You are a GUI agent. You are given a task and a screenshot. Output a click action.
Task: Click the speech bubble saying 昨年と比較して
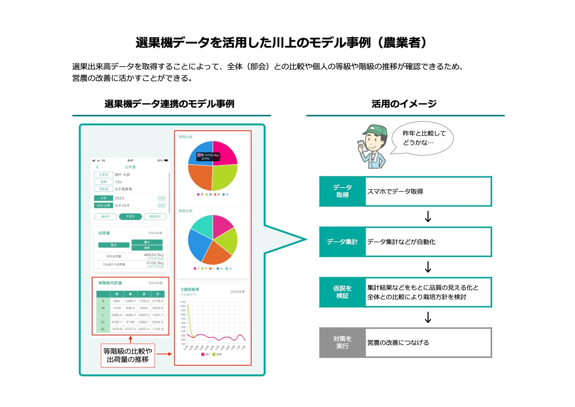[423, 138]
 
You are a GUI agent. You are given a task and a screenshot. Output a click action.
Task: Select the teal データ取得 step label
[342, 191]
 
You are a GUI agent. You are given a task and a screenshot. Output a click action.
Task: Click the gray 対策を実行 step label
[342, 342]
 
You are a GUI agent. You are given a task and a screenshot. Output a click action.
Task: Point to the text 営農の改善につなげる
[398, 343]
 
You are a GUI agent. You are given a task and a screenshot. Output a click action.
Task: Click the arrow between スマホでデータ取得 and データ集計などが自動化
[428, 217]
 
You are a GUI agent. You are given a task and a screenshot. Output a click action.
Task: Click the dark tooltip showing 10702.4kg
[209, 156]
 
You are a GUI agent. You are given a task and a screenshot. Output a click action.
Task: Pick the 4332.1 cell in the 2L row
[117, 322]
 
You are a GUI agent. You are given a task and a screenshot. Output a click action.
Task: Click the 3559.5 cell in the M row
[158, 308]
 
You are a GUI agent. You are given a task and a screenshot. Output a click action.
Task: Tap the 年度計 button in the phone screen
[130, 217]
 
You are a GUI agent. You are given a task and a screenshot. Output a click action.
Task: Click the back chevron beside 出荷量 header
[97, 167]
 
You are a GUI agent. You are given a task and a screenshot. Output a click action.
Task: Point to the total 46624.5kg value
[154, 255]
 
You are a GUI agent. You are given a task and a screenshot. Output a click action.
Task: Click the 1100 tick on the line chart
[183, 302]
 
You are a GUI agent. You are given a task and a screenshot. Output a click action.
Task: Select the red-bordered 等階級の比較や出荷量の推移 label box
[128, 355]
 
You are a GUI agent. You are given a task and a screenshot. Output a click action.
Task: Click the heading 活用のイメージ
[404, 104]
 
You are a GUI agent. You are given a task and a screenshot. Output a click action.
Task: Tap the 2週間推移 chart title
[190, 290]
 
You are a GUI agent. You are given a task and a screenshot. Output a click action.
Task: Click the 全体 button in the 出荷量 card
[147, 248]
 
